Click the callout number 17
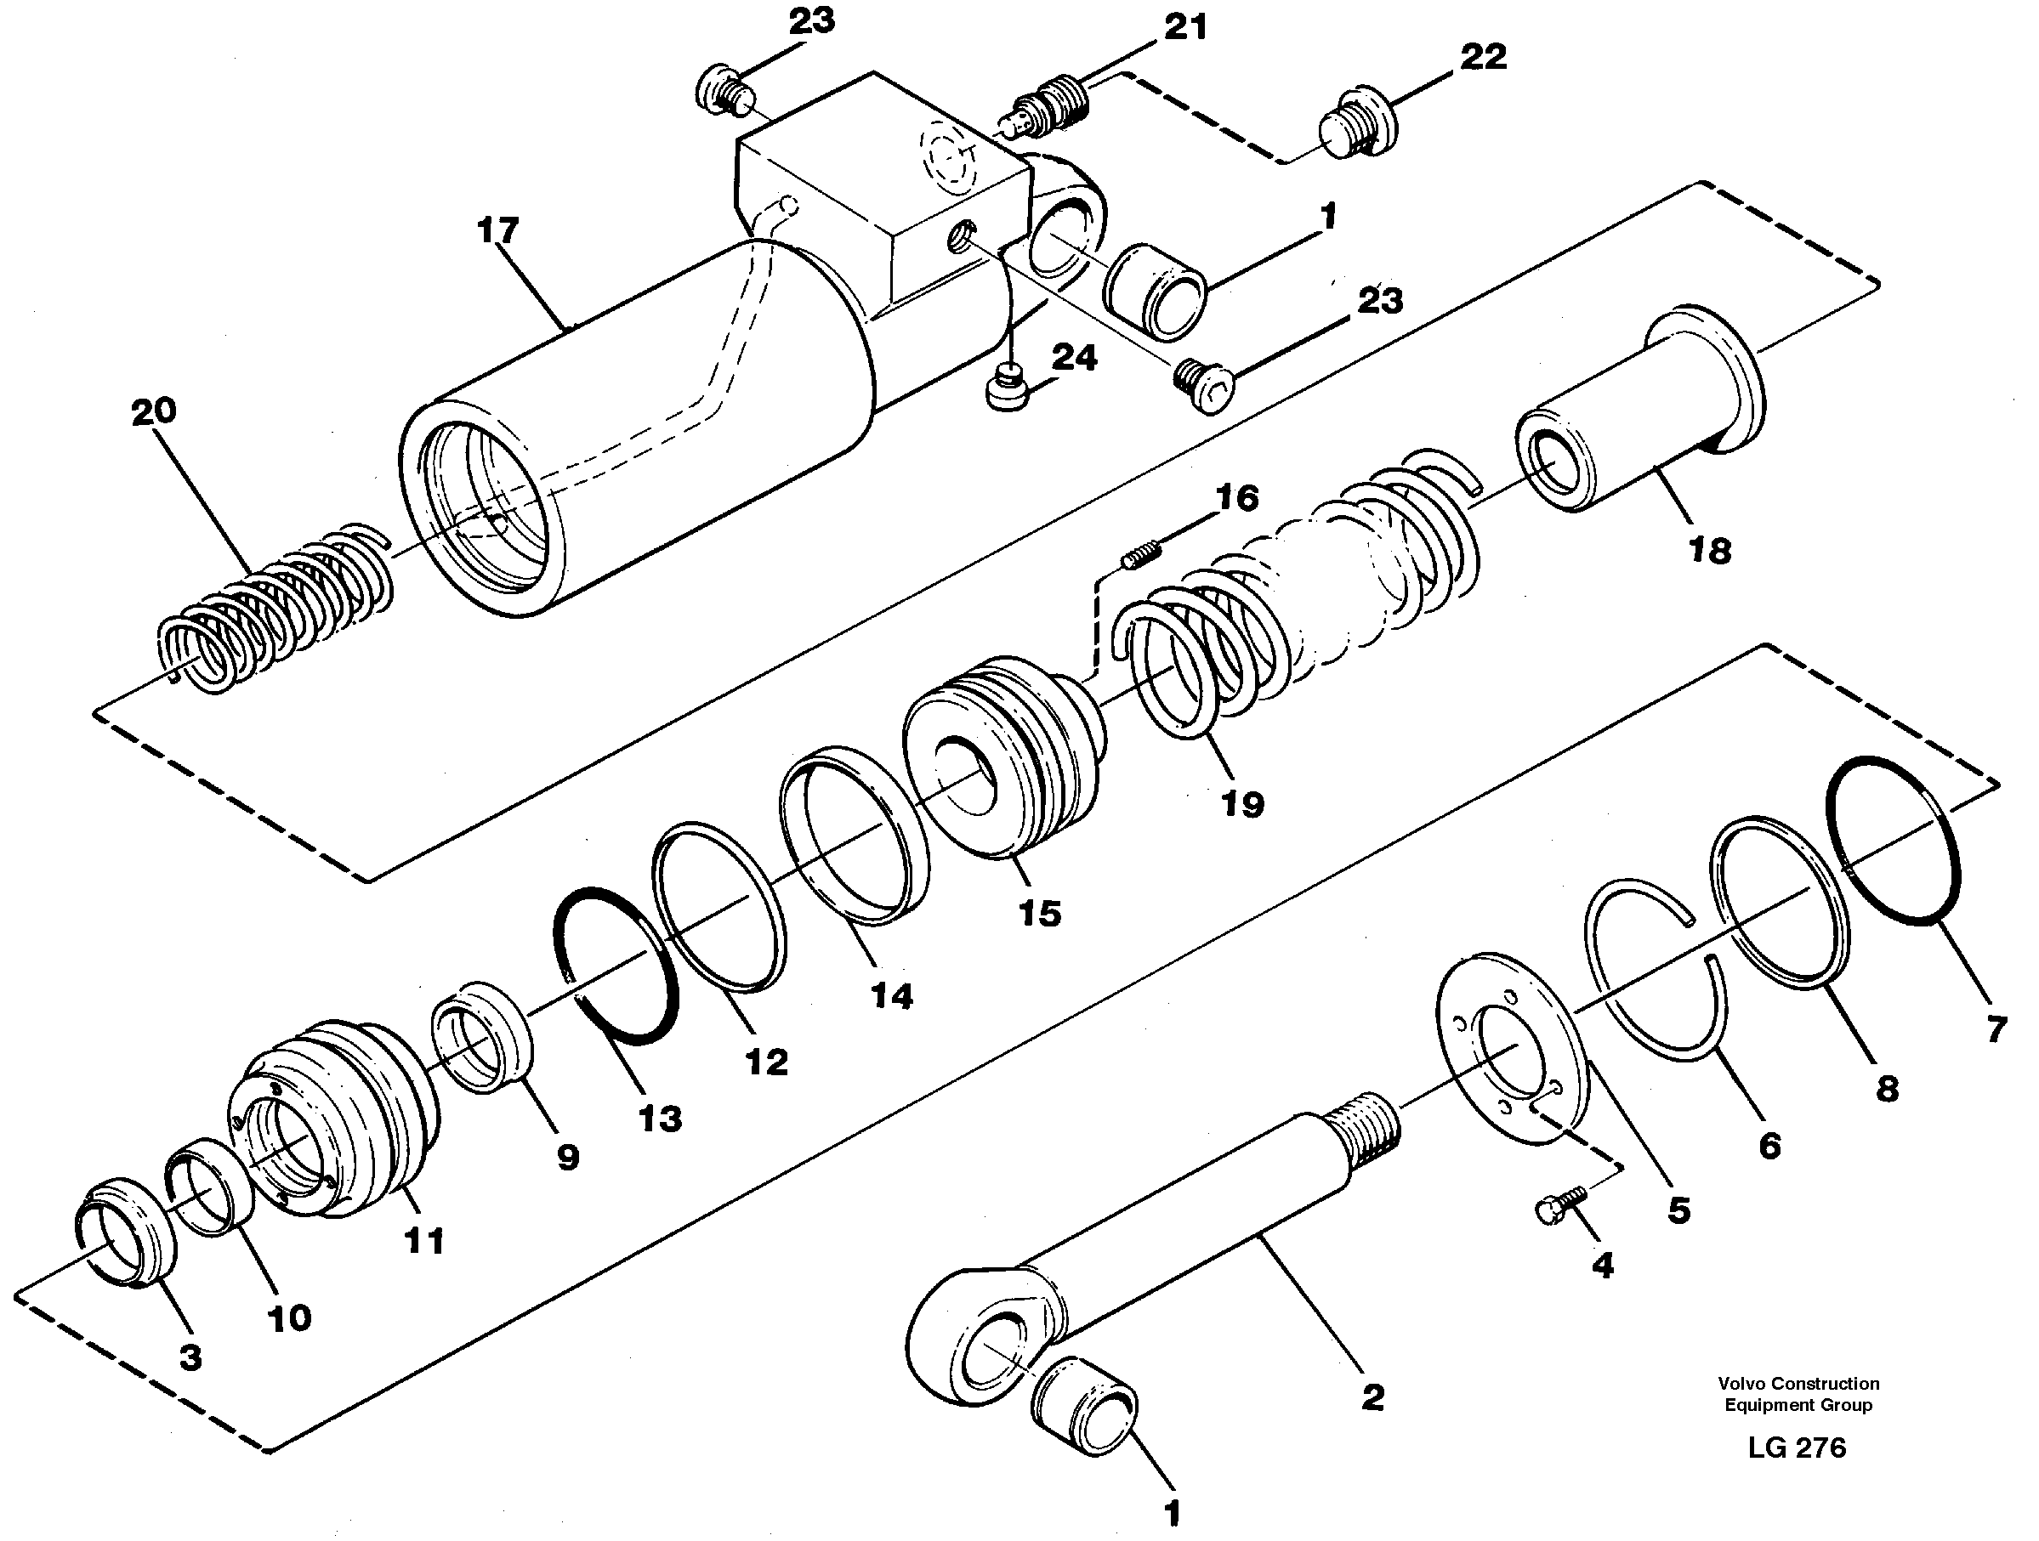(497, 230)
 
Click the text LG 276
(1797, 1448)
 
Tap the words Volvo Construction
(1798, 1384)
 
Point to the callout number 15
(1040, 914)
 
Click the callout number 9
(568, 1157)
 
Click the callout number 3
(190, 1357)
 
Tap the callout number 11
(424, 1242)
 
